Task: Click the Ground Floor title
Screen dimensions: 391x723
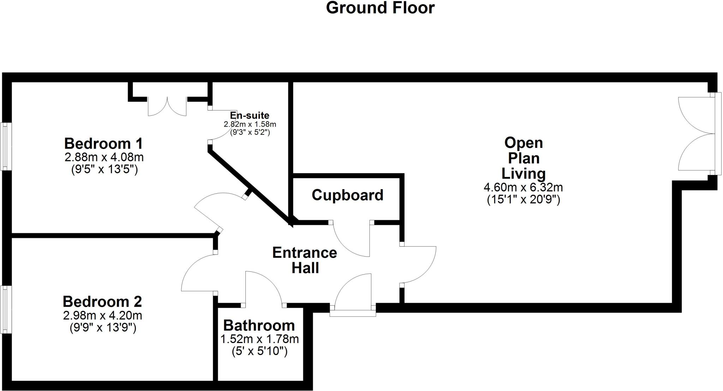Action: [380, 8]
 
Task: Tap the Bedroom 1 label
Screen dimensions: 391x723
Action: [103, 144]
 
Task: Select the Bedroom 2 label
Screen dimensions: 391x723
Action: [102, 302]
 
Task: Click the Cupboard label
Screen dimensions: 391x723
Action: [347, 195]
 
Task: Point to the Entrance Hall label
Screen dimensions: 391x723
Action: [305, 260]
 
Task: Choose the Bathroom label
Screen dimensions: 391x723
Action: [259, 325]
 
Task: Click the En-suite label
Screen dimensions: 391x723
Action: [250, 115]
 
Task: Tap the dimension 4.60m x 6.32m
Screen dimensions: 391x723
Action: [523, 187]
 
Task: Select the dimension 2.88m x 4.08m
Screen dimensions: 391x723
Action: [104, 157]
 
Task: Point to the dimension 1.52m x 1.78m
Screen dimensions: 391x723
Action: [259, 339]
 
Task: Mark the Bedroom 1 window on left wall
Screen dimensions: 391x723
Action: [5, 146]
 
